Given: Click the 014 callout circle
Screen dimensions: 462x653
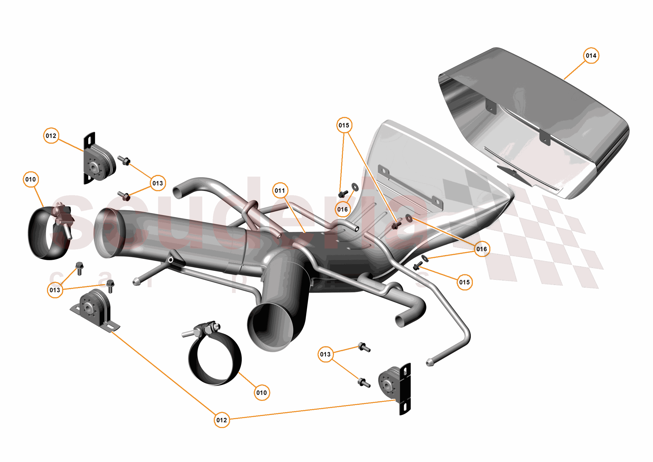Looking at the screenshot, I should point(591,55).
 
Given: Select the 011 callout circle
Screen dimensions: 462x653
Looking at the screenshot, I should point(280,190).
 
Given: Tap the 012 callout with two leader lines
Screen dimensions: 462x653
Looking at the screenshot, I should point(222,420).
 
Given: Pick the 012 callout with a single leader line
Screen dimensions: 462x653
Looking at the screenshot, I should point(51,136).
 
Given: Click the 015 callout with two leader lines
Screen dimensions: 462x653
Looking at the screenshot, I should point(344,125).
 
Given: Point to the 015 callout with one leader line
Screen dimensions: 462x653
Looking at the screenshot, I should point(464,282).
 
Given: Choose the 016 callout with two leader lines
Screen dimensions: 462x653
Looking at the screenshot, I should point(482,249).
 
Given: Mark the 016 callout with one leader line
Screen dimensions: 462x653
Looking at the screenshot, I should point(342,209).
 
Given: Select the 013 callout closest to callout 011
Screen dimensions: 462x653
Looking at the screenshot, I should point(158,183).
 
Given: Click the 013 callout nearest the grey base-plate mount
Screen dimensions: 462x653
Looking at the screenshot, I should point(55,290).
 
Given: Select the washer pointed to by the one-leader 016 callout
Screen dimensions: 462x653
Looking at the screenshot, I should point(355,187).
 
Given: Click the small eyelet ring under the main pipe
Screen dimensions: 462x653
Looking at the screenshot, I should point(171,260).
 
